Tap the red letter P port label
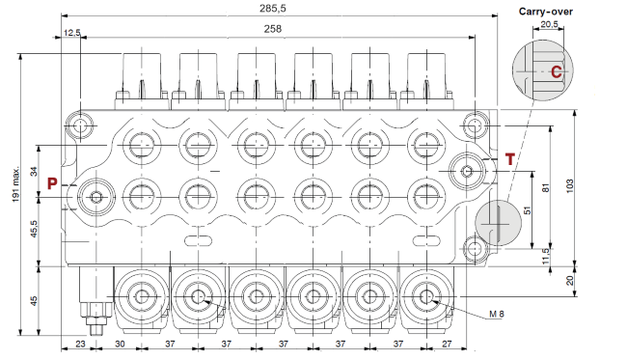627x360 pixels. pyautogui.click(x=54, y=181)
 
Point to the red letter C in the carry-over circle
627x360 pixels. pyautogui.click(x=556, y=71)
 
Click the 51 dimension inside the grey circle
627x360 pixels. pyautogui.click(x=526, y=208)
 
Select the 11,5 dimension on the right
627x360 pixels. pyautogui.click(x=546, y=254)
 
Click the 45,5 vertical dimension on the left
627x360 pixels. pyautogui.click(x=36, y=231)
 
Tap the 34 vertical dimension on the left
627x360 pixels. pyautogui.click(x=36, y=173)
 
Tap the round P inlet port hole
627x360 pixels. pyautogui.click(x=95, y=197)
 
